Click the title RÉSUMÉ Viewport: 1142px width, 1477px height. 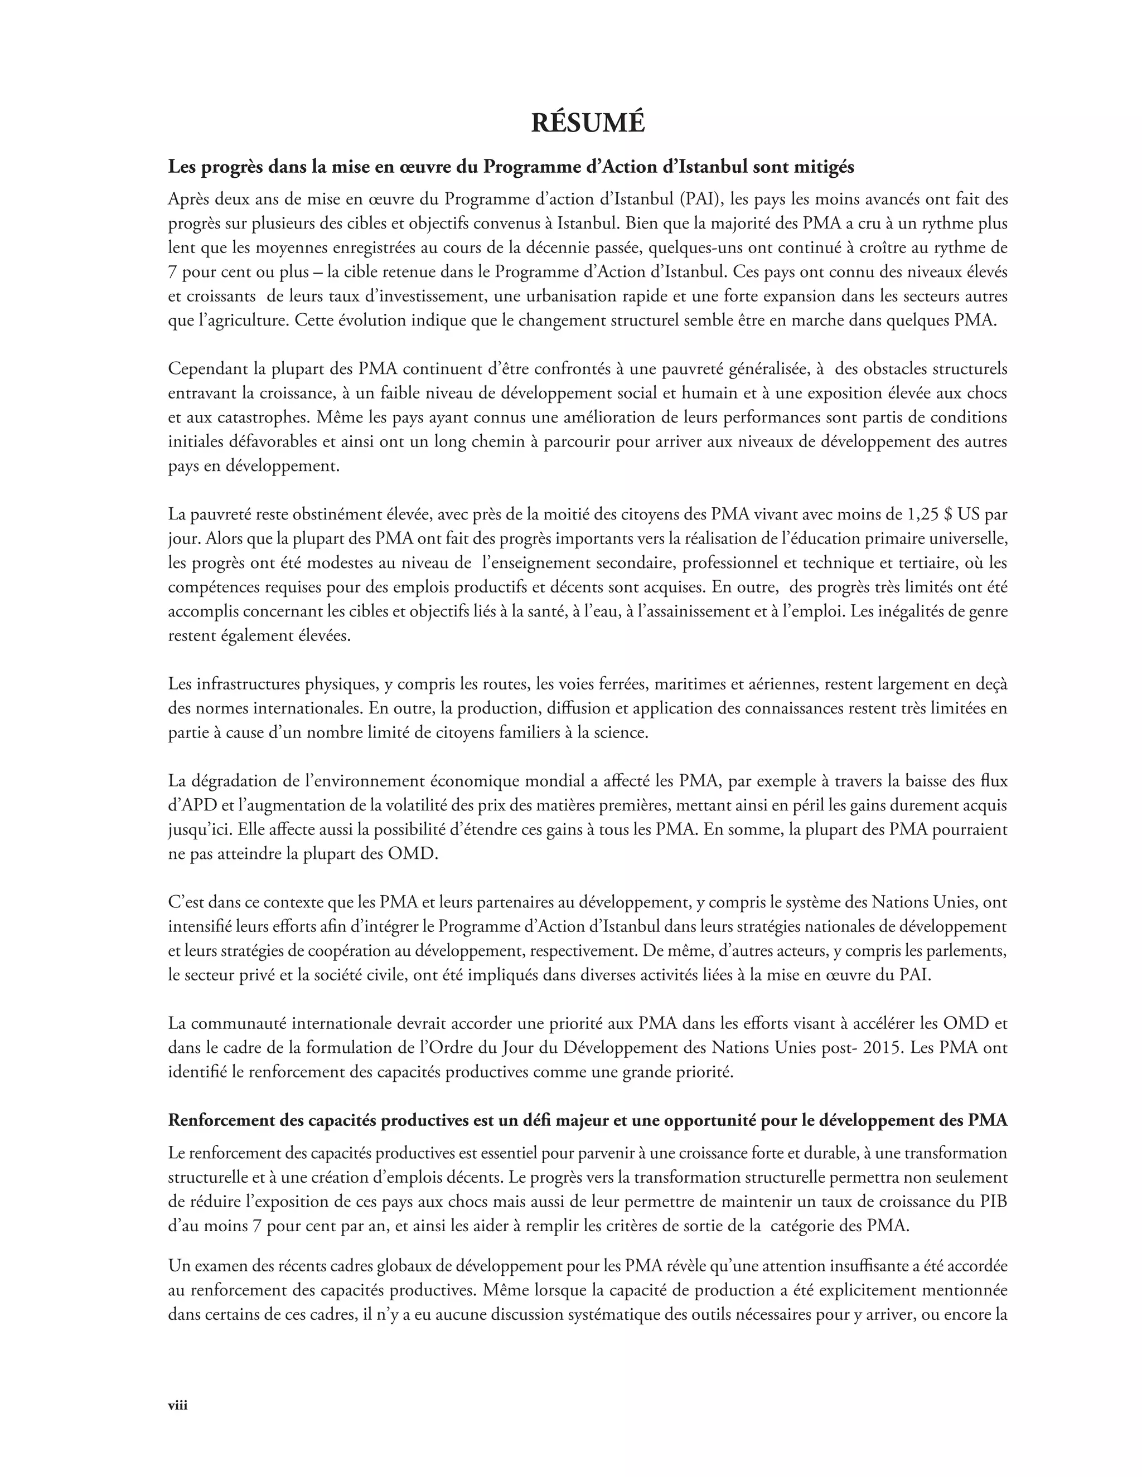click(587, 123)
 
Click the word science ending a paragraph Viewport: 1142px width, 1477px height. click(622, 732)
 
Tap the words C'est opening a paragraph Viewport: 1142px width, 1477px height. click(187, 902)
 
